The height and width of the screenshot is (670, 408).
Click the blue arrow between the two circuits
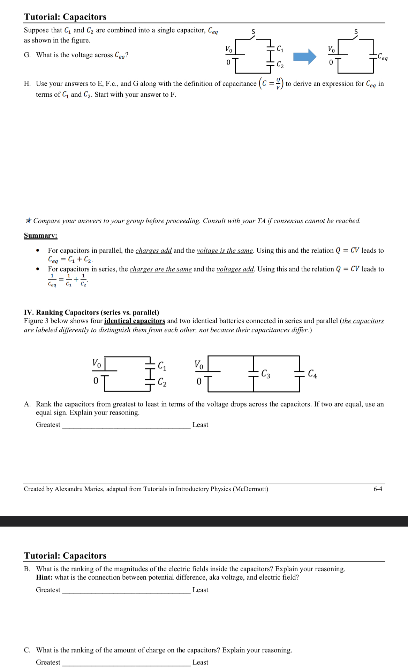304,56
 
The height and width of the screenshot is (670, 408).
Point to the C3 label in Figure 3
266,374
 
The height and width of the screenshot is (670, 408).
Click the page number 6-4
378,489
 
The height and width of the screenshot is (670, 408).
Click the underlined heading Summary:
40,236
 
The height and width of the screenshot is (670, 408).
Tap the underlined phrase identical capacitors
135,321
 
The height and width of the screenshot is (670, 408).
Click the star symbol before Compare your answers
28,221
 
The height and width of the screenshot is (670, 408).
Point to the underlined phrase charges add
153,251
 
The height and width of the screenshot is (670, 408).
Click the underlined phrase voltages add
235,269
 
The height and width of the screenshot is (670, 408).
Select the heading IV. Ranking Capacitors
91,312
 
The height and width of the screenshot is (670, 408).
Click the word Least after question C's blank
200,662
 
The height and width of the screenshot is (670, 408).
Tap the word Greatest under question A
48,425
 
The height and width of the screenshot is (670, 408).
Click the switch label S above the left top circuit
254,32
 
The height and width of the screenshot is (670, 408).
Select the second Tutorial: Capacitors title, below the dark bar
65,556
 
